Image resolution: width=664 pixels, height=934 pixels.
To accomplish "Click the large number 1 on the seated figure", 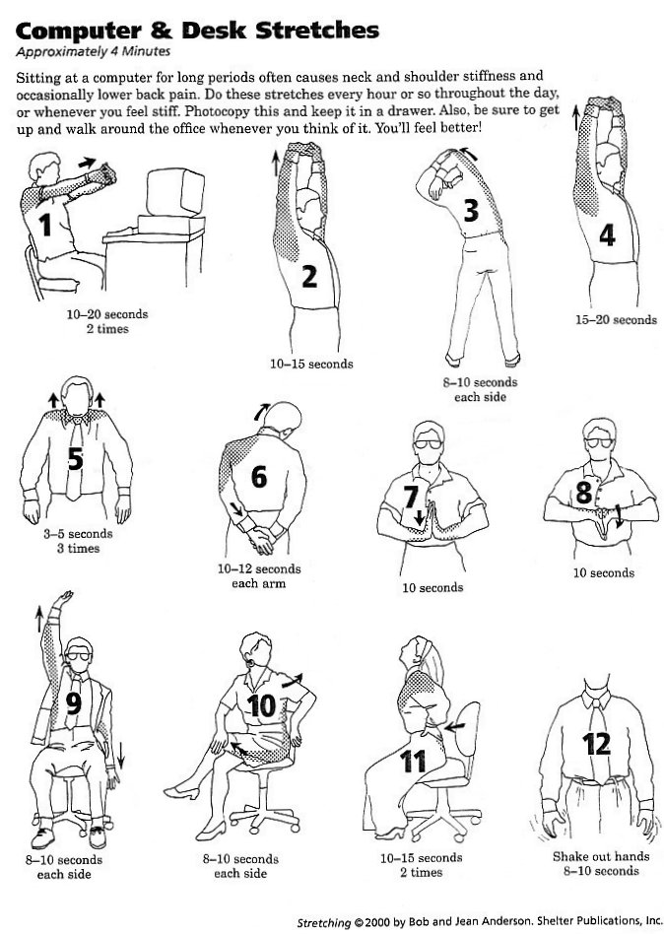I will [x=44, y=226].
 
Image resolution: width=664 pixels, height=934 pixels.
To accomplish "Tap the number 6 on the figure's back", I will [x=259, y=477].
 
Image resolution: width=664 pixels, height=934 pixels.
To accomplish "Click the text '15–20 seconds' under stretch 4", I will [x=616, y=319].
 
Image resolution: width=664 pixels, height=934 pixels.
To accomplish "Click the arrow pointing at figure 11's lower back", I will [x=454, y=726].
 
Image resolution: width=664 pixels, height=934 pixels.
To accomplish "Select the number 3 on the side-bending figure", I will [x=470, y=210].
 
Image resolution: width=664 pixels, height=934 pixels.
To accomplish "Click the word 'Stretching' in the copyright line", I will [x=325, y=923].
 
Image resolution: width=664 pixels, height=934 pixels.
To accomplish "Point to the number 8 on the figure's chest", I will [x=583, y=493].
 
